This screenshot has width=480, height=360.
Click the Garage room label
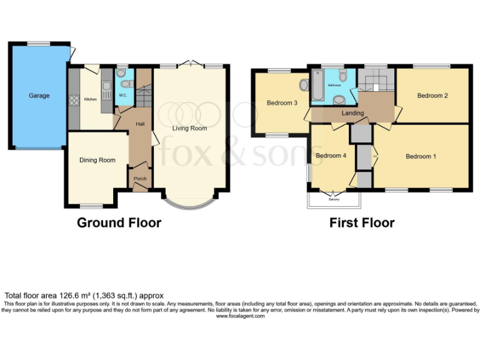(38, 96)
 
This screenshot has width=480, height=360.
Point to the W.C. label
(123, 95)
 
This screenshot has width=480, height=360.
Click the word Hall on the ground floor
(141, 124)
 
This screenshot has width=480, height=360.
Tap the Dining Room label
(97, 160)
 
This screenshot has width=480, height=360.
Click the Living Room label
(190, 129)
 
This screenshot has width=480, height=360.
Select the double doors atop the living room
(190, 64)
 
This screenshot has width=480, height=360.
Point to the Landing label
(353, 113)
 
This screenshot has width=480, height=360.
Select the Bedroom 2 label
(432, 96)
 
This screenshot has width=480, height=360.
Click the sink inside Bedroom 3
(304, 85)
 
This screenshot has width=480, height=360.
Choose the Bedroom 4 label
(331, 156)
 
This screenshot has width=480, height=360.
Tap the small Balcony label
(334, 199)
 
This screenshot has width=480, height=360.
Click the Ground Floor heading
(119, 223)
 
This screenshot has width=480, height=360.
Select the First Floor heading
(362, 223)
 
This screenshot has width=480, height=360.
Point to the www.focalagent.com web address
(240, 316)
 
